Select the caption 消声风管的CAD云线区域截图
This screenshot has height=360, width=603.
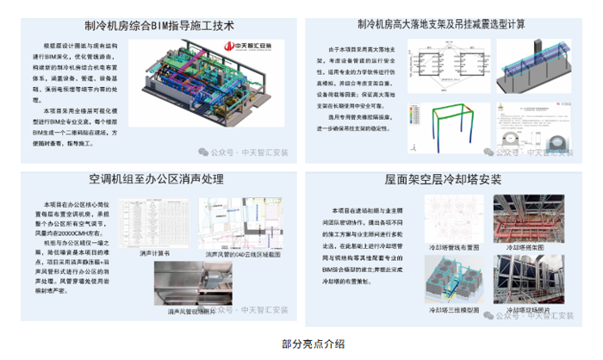(244, 255)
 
